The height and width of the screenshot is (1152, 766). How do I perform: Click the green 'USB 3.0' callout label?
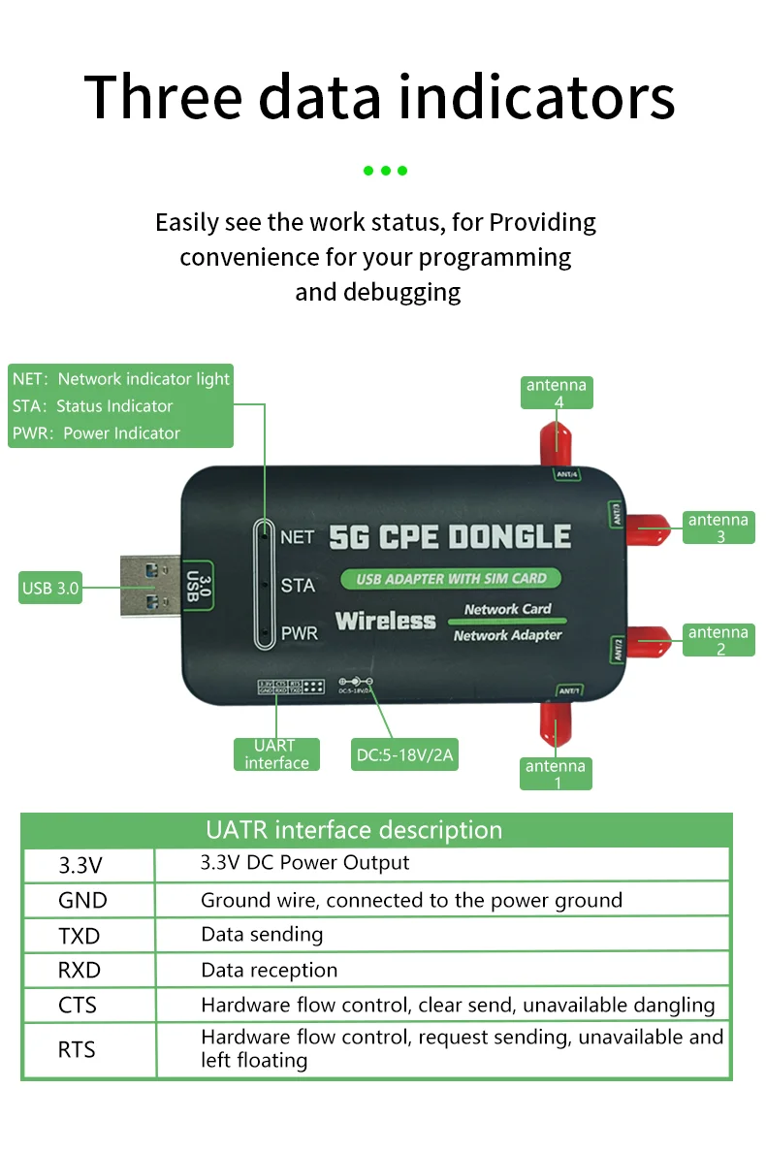pos(50,588)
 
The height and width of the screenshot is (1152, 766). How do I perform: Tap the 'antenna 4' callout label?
pos(556,393)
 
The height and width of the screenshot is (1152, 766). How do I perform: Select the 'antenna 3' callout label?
pos(718,528)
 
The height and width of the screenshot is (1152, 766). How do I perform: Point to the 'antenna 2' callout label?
pos(718,640)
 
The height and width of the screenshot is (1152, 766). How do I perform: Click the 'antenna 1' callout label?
pos(556,774)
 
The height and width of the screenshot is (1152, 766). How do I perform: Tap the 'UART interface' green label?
pos(275,754)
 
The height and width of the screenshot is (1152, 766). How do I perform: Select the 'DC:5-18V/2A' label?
pos(404,754)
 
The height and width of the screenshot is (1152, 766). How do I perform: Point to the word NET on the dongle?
pos(297,537)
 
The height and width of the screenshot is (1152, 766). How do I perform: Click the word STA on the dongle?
pos(297,586)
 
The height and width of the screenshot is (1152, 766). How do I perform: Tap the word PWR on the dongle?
pos(299,635)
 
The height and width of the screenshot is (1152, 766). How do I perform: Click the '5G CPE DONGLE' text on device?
pos(450,537)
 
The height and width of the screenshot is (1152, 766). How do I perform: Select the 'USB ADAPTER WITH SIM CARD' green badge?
pos(451,579)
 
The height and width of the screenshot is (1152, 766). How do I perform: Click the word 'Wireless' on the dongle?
pos(385,621)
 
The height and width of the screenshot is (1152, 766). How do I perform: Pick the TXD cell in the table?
pos(80,936)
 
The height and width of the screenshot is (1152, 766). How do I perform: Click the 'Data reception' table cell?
pos(269,970)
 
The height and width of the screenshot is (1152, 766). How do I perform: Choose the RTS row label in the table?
pos(78,1049)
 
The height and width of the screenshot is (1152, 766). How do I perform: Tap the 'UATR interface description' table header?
pos(354,830)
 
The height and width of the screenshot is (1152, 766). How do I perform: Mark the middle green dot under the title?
pos(385,171)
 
